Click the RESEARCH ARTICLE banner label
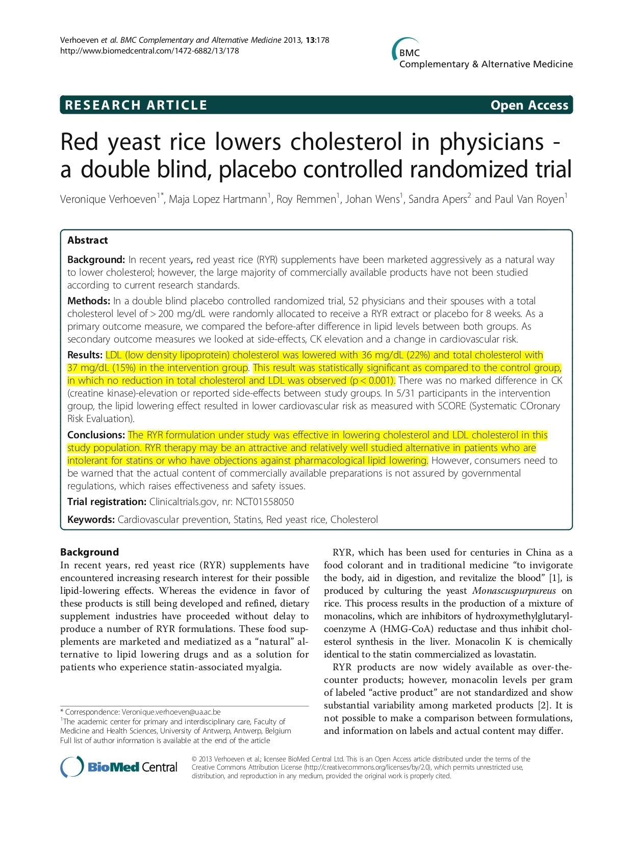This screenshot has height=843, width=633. [136, 105]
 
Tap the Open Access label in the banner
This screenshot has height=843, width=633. [529, 105]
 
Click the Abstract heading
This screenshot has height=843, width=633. [88, 240]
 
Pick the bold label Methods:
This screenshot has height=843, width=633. [89, 301]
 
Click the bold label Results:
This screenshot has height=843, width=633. [85, 355]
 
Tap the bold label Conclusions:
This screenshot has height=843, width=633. [96, 435]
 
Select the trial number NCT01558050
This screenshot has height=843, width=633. [264, 502]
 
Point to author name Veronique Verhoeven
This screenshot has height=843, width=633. [108, 199]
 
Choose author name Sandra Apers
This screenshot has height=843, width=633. [437, 199]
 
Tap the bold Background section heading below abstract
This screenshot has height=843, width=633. [89, 552]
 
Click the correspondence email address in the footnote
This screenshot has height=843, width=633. [171, 712]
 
